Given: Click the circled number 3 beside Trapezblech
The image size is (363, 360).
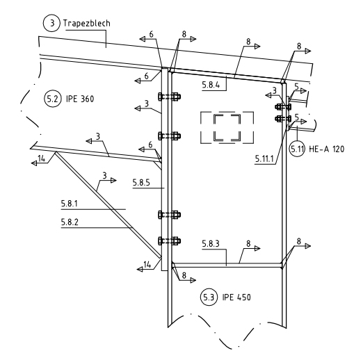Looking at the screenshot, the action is pos(51,23).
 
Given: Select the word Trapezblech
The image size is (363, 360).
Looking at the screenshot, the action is pos(86,24).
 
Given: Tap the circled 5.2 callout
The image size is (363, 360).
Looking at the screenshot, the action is pos(53,99).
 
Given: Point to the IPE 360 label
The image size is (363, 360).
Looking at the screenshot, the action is pos(80,99).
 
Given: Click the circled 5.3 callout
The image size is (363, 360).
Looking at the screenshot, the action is pos(209,297).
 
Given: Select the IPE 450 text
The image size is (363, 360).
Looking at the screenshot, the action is pos(236,297).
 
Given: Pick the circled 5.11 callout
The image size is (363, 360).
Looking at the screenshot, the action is pos(297,149).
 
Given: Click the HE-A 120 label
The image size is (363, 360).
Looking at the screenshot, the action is pos(327,149).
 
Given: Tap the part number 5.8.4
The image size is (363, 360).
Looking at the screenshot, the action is pos(211,85).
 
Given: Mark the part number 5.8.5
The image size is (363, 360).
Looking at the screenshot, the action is pos(141,183).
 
